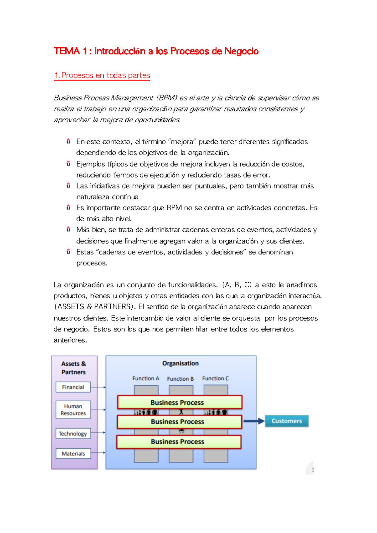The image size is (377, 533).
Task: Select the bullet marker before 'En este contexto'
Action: coord(68,141)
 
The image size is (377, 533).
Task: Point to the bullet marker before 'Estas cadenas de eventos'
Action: coord(68,252)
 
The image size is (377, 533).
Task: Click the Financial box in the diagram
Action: coord(73,387)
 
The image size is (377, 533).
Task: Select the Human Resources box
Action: coord(73,410)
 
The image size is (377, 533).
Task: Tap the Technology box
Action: coord(73,434)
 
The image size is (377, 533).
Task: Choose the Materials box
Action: coord(73,453)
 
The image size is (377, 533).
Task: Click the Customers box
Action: coord(287,421)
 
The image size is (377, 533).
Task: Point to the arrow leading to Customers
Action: coord(254,421)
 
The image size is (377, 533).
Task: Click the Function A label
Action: coord(145,378)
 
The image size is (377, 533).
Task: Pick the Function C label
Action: coord(215,378)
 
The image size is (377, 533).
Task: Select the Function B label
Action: coord(180,379)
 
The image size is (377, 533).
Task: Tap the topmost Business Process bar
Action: coord(179,402)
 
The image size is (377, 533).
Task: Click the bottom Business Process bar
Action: coord(179,442)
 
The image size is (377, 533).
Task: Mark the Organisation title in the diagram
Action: coord(180,363)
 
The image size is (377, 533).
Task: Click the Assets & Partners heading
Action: coord(74,368)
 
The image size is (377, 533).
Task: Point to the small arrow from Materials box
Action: coord(98,453)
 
